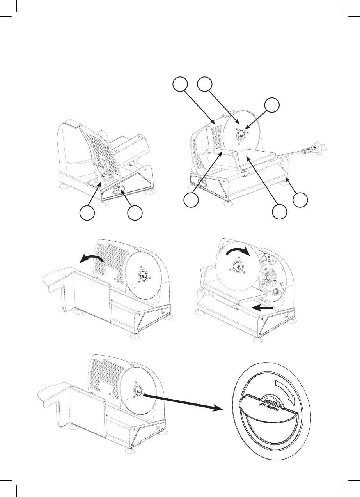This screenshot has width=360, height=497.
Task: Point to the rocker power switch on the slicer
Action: pos(118,190)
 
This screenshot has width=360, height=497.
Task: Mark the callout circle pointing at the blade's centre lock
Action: pos(271,107)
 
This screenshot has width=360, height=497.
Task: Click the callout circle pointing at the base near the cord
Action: pos(301,200)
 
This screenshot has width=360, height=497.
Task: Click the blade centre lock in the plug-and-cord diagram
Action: pos(241,134)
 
